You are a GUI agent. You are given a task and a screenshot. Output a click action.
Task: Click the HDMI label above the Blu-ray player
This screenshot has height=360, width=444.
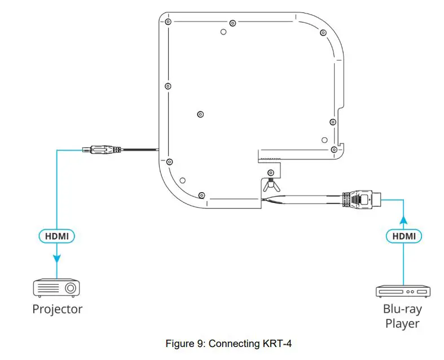pos(404,236)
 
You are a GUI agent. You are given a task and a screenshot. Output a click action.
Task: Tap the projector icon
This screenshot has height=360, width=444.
pos(56,288)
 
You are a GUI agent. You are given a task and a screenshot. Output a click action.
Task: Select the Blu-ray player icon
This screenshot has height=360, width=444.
pos(404,292)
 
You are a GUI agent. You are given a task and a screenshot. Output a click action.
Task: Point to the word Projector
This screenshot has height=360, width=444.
pos(57,309)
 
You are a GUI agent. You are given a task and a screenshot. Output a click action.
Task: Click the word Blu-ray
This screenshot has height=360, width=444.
pos(402,309)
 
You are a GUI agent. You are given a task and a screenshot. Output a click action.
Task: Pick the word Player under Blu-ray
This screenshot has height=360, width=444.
pos(402,323)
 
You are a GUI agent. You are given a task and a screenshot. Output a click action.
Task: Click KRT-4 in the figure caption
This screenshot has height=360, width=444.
pos(279,344)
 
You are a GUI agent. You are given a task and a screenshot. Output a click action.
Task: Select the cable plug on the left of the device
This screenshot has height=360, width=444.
pos(101,150)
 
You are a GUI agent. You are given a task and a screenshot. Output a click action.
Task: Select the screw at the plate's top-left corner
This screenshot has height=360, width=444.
pos(168,22)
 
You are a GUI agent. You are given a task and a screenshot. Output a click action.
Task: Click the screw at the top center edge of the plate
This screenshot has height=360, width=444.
pos(232,23)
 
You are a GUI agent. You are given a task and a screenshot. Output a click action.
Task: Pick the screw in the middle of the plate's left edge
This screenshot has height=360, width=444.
pos(168,86)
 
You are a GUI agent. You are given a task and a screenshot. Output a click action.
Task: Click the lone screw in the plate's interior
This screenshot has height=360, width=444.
pos(200,114)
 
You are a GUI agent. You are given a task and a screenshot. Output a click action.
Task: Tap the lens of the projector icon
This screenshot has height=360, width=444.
pos(70,288)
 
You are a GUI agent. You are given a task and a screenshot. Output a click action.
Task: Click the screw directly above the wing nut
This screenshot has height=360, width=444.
pos(271,172)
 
